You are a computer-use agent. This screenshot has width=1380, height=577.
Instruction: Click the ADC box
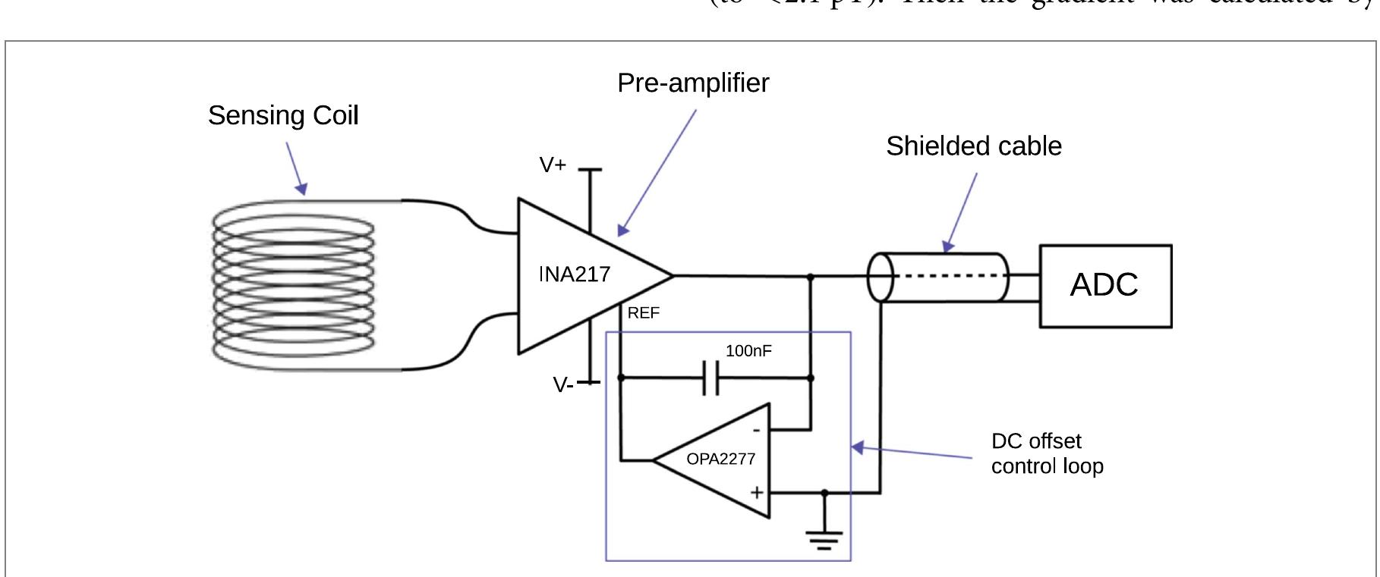pyautogui.click(x=1104, y=286)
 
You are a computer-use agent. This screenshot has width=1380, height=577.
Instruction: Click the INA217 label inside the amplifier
pyautogui.click(x=575, y=274)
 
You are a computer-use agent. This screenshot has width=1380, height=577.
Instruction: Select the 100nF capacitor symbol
pyautogui.click(x=710, y=378)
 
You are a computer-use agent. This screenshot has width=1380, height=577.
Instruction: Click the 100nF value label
pyautogui.click(x=748, y=351)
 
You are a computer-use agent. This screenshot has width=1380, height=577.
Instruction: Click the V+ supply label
pyautogui.click(x=553, y=165)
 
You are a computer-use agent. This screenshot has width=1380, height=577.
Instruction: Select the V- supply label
pyautogui.click(x=562, y=385)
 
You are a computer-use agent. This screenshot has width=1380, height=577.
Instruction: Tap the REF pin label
pyautogui.click(x=644, y=313)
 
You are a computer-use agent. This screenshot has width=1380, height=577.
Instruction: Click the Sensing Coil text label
pyautogui.click(x=282, y=116)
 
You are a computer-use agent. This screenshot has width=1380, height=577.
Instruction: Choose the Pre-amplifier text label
pyautogui.click(x=692, y=83)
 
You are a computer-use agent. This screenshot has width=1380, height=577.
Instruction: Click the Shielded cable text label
pyautogui.click(x=973, y=146)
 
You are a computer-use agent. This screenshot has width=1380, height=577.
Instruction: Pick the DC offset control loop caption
pyautogui.click(x=1046, y=453)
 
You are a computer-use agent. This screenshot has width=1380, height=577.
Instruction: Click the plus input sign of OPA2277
pyautogui.click(x=757, y=493)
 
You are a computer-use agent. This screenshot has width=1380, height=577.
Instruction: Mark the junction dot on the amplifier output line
pyautogui.click(x=810, y=278)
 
